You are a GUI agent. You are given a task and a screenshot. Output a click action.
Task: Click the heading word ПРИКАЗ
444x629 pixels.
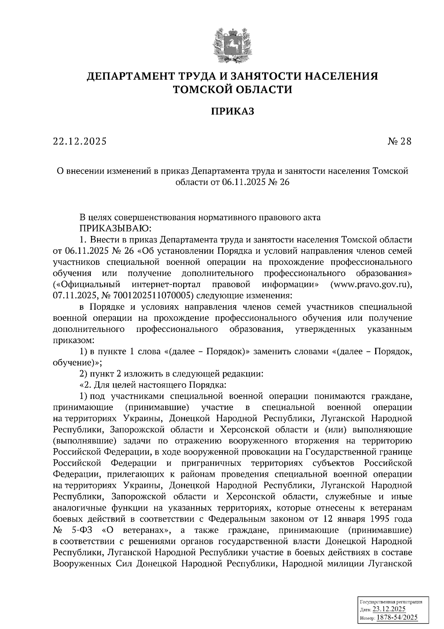point(232,112)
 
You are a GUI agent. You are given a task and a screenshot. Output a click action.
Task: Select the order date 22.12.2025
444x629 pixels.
point(80,141)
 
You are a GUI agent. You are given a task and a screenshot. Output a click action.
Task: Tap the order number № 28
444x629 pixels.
point(399,141)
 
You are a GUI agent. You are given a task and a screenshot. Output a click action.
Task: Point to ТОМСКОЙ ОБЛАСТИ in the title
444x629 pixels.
point(232,90)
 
